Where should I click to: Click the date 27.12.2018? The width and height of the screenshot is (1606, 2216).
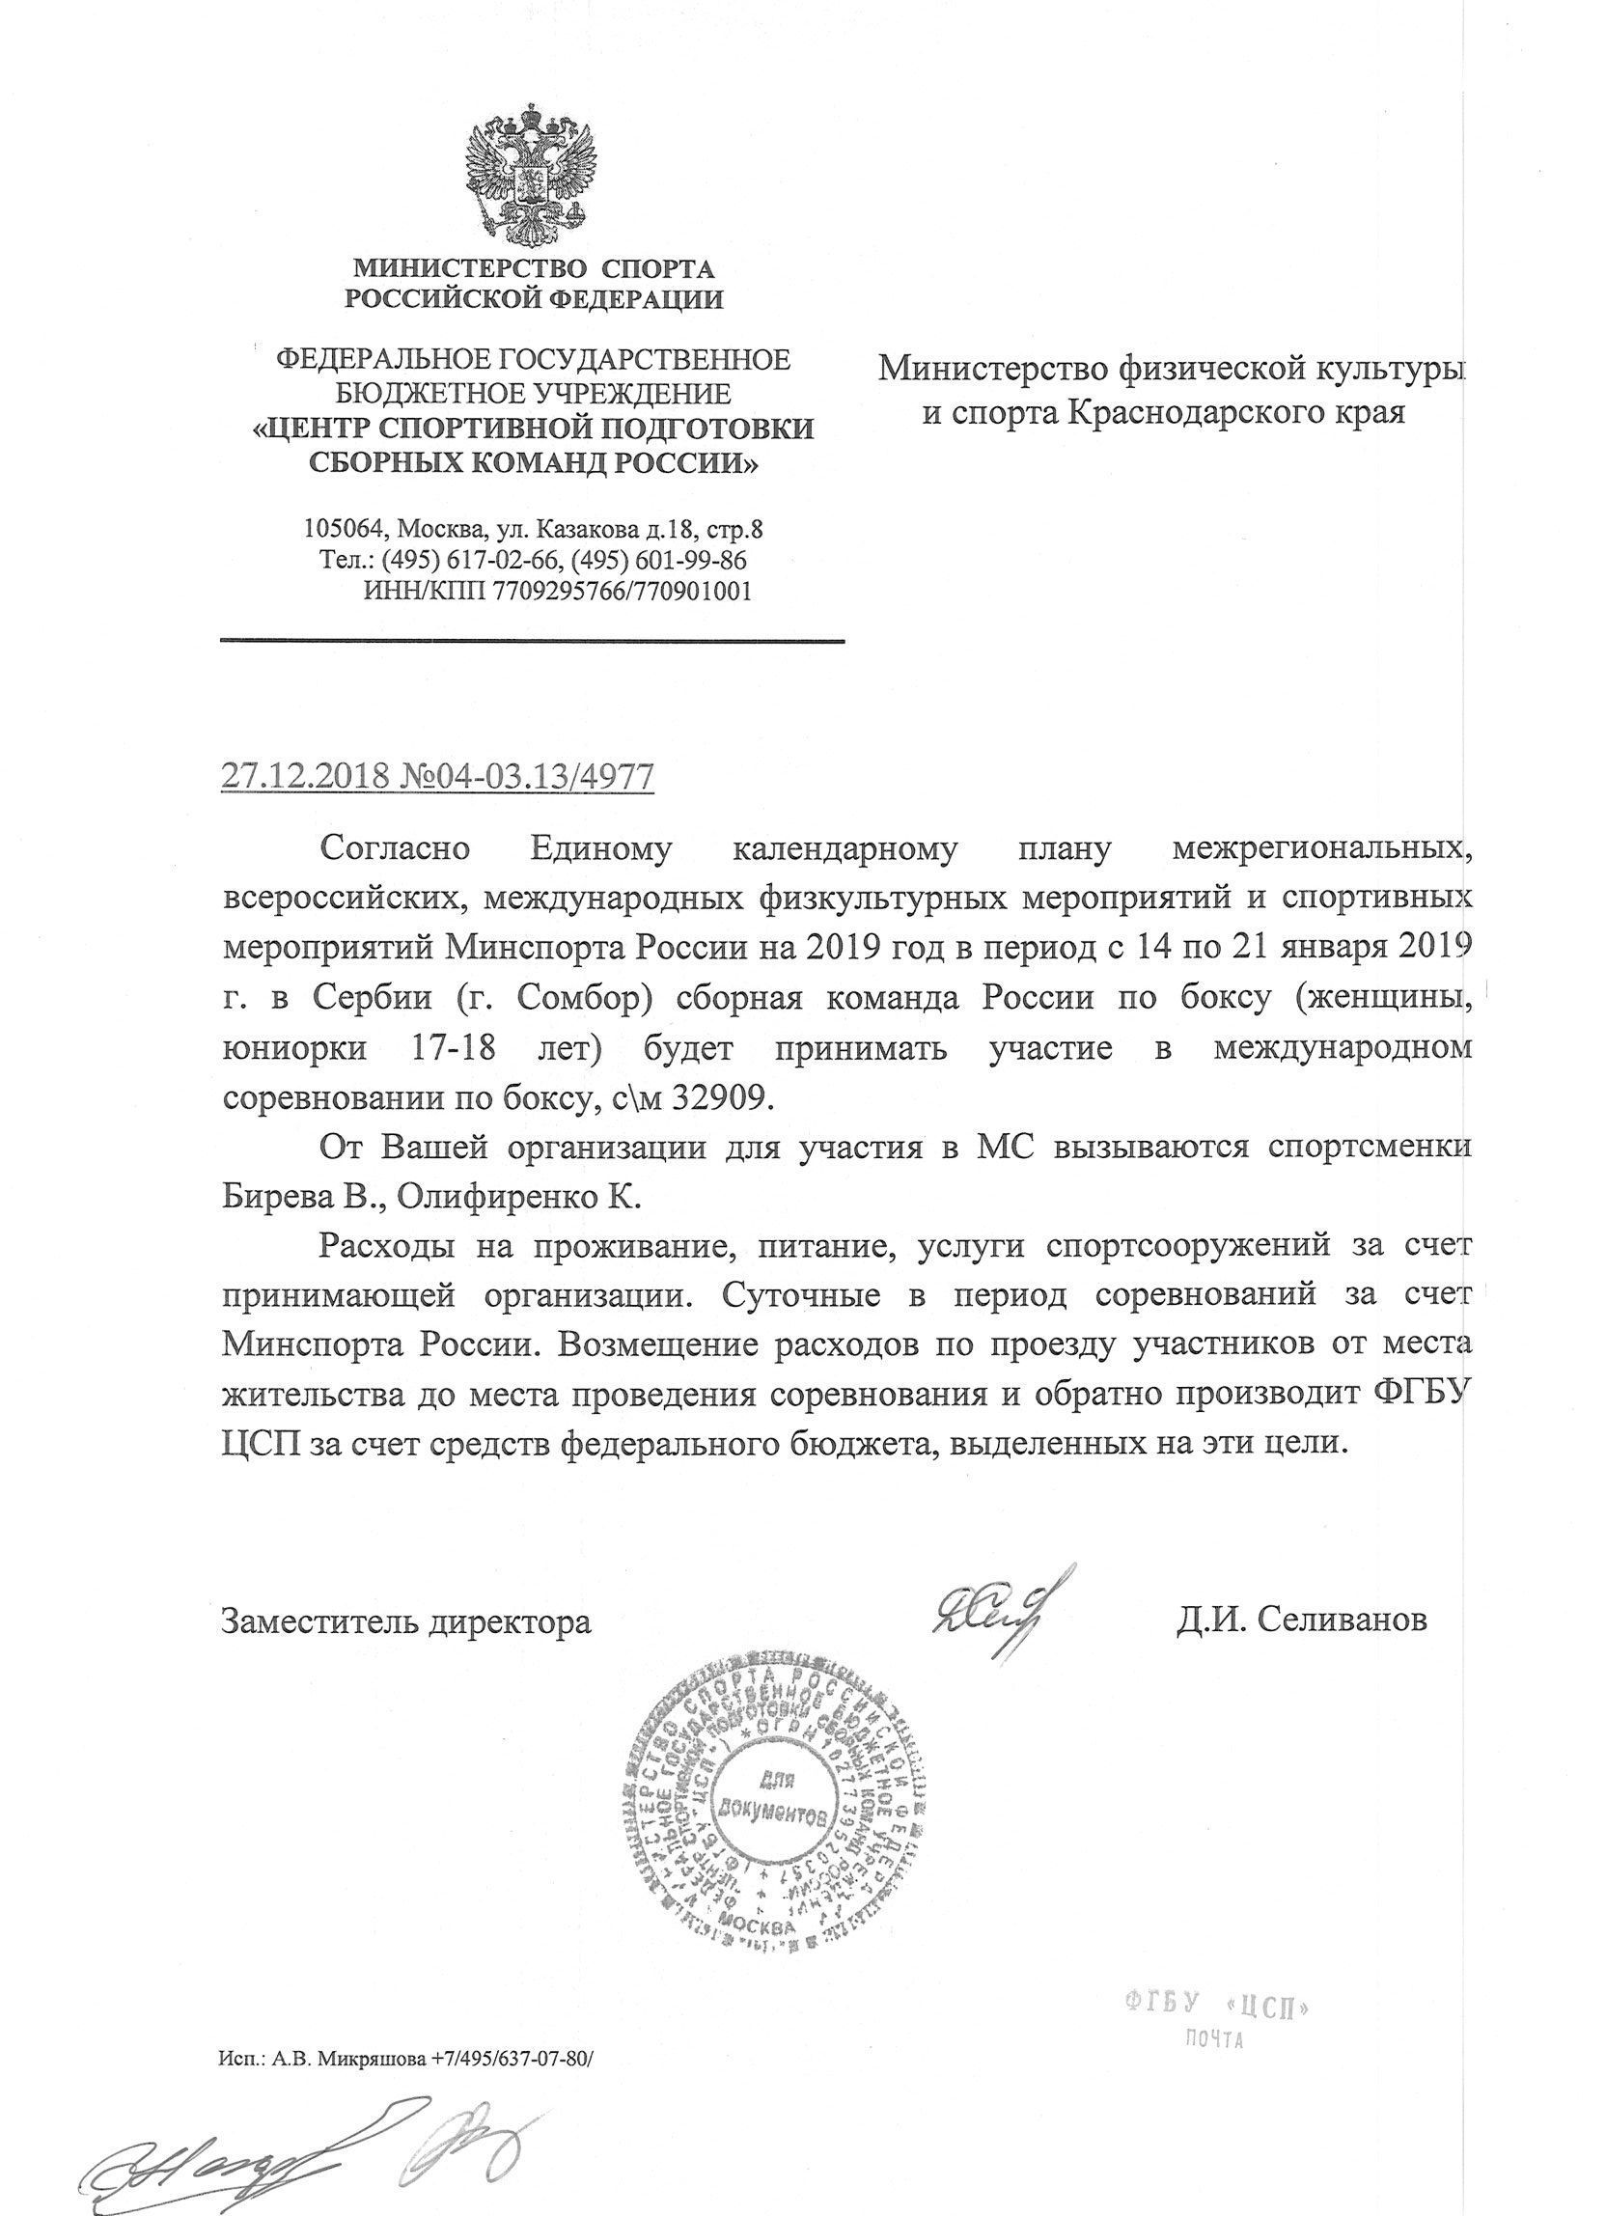point(305,776)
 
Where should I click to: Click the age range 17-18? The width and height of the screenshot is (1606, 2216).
point(450,1048)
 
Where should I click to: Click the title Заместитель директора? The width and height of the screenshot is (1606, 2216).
point(405,1620)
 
